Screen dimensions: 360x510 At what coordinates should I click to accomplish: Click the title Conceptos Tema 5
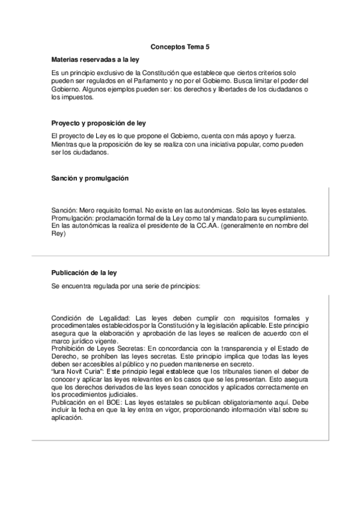tap(180, 46)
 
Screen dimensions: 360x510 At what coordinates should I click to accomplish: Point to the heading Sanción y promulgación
tap(90, 179)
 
